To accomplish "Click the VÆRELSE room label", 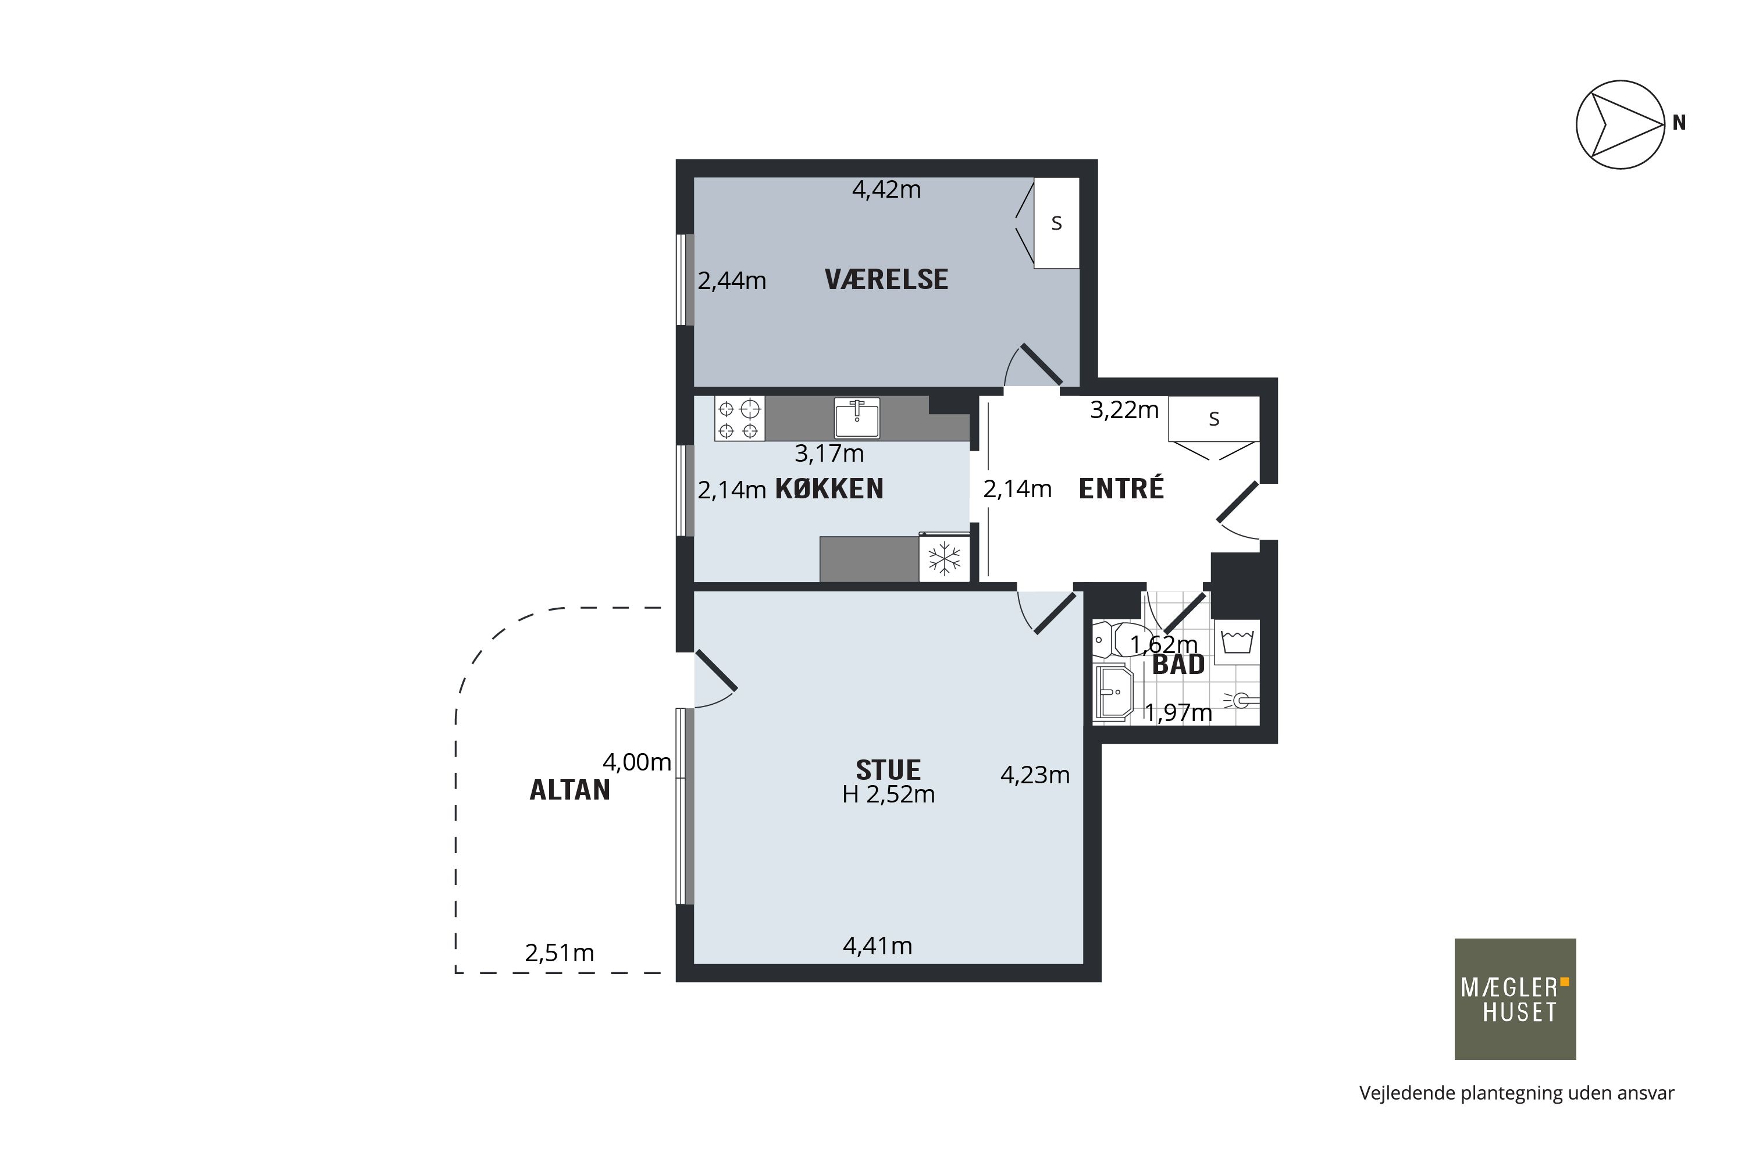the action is click(x=886, y=280).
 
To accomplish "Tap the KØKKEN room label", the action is click(x=829, y=489).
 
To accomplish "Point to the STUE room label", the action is click(x=888, y=770).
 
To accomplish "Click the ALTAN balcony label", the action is click(x=570, y=790).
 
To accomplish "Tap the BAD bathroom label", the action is click(x=1178, y=665).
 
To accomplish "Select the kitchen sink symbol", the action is click(x=857, y=418).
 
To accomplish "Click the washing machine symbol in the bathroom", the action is click(x=1237, y=641).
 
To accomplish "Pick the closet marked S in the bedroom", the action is click(x=1056, y=223).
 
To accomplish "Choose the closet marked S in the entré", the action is click(x=1214, y=419).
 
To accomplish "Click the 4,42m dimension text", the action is click(x=886, y=190).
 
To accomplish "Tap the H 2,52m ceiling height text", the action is click(x=888, y=794).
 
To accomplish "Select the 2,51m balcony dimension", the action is click(x=560, y=953).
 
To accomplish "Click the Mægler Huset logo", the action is click(x=1515, y=999).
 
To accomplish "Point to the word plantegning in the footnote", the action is click(x=1497, y=1093).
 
